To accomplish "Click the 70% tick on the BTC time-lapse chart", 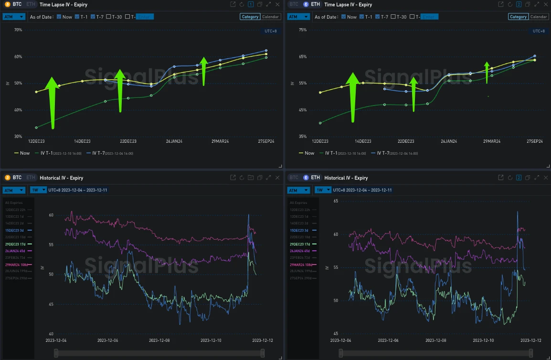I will pos(18,30).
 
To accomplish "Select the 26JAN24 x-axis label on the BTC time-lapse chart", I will pos(174,141).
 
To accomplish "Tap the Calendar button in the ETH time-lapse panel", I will pos(539,17).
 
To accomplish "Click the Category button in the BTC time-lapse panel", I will pos(250,17).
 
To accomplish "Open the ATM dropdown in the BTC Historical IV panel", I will pos(14,190).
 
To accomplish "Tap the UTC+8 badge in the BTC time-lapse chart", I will pos(271,31).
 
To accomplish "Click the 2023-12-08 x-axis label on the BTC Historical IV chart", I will pos(159,340).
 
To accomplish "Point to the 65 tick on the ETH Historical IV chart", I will pos(336,201).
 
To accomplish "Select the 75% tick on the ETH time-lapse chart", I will pos(302,30).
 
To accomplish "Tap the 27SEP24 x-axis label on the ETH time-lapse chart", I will pos(535,141).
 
